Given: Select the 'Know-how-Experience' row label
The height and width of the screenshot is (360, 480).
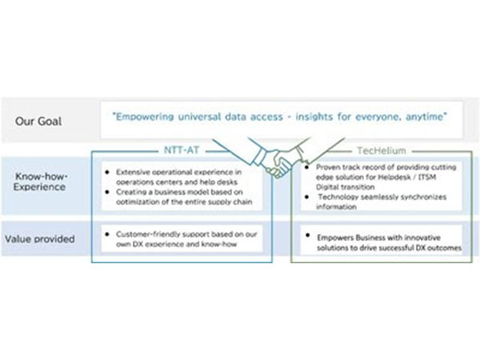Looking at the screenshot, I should click(40, 181).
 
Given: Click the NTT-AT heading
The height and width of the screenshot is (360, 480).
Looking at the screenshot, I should click(182, 148).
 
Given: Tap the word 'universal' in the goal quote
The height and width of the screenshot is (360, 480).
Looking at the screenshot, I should click(207, 117).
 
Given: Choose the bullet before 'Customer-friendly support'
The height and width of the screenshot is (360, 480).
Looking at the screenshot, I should click(108, 231).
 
